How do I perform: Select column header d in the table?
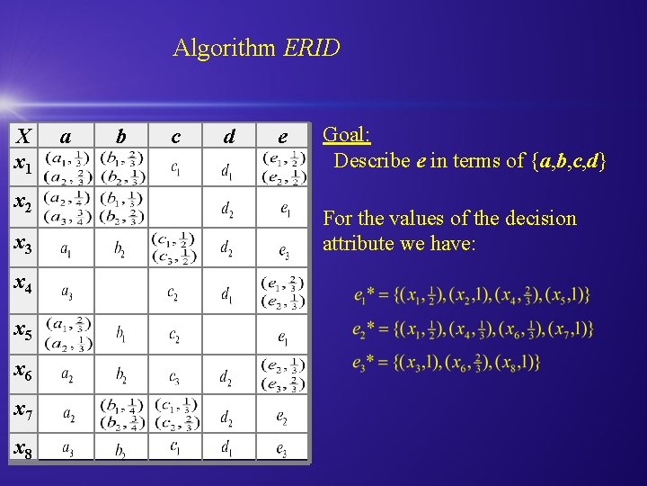point(229,137)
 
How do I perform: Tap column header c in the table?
point(175,137)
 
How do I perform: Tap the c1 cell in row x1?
point(175,168)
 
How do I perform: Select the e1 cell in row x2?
point(283,209)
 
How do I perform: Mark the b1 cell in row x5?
point(121,333)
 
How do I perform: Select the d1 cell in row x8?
point(229,447)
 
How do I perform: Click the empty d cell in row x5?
point(229,333)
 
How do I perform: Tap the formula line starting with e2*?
point(473,329)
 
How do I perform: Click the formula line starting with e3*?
point(447,362)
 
